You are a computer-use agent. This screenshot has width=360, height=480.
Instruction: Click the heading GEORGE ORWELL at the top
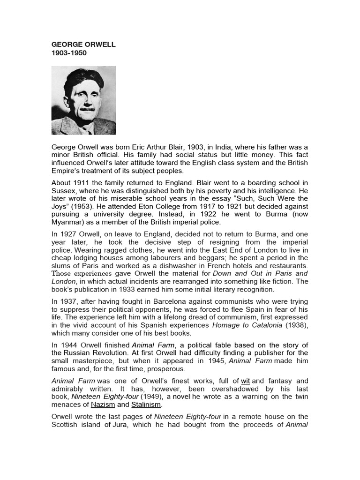pos(83,45)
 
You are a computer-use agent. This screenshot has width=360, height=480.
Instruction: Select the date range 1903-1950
pos(69,53)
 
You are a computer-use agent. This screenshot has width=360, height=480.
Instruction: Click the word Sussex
pos(63,191)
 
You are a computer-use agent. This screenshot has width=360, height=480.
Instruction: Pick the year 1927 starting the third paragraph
pos(68,235)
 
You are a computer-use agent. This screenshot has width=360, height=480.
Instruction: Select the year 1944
pos(68,345)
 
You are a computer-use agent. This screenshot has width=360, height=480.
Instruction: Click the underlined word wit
pos(245,381)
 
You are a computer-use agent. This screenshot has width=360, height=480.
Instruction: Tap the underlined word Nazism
pos(103,404)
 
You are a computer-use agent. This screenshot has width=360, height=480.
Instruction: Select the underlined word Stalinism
pos(147,404)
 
